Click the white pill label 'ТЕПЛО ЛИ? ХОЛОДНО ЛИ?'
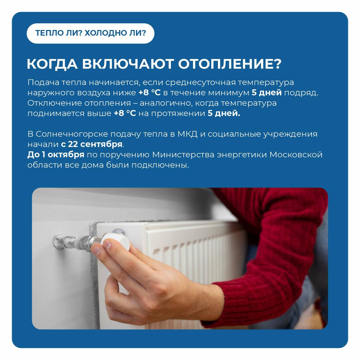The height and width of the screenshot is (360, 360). pos(90,33)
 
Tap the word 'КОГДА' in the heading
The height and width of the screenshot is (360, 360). pos(52,64)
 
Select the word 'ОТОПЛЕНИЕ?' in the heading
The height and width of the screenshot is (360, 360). pos(230,64)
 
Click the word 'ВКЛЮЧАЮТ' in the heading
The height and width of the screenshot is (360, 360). pos(128,64)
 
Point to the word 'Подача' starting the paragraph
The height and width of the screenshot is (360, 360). pos(43,82)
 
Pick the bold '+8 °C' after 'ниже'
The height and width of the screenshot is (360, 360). pos(149,93)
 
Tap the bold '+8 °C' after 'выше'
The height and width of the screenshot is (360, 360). pos(125,113)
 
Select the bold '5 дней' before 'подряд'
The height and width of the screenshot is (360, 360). pos(267,93)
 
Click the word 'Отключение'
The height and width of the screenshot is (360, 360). pos(55,103)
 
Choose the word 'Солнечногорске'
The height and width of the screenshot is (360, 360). pos(72,134)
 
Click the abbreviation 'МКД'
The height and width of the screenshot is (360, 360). pos(187,134)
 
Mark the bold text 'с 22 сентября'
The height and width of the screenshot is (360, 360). pos(92,144)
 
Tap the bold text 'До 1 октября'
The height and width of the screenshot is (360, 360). pos(56,155)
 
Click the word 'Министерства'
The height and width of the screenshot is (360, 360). pos(183,155)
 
